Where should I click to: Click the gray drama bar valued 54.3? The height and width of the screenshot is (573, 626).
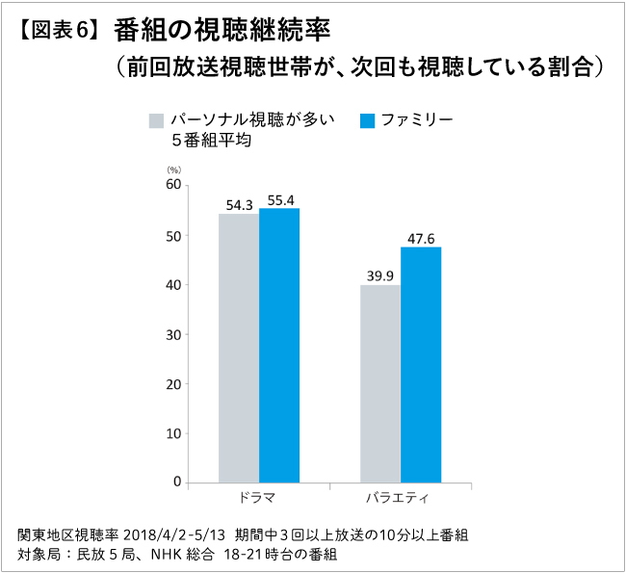tap(239, 348)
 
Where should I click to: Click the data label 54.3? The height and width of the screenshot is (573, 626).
tap(239, 205)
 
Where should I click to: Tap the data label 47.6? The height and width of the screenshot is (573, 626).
tap(422, 238)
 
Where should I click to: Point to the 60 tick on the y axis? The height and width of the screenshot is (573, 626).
tap(172, 185)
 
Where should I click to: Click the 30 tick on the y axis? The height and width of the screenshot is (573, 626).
tap(172, 334)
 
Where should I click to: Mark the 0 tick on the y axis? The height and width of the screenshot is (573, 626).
tap(177, 482)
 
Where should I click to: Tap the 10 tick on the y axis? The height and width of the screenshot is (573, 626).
tap(172, 432)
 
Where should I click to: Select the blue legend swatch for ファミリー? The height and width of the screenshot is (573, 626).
tap(366, 120)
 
